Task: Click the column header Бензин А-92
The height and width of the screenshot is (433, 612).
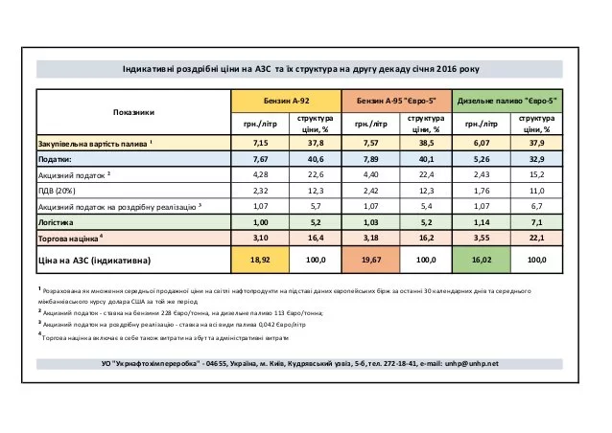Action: pyautogui.click(x=287, y=100)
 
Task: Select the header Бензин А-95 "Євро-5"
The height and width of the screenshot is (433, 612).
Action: pyautogui.click(x=397, y=100)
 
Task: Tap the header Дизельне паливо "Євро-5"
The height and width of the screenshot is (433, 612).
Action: pyautogui.click(x=507, y=100)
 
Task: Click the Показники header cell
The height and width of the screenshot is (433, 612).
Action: pyautogui.click(x=132, y=111)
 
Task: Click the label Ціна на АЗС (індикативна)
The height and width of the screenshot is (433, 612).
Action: pyautogui.click(x=95, y=259)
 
